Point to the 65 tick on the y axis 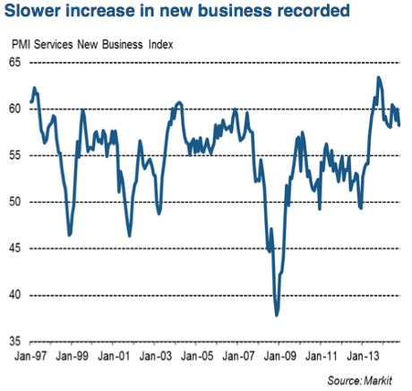coord(16,62)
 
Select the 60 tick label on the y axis coord(16,109)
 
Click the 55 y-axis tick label coord(16,155)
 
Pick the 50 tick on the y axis coord(16,202)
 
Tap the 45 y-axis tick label coord(16,248)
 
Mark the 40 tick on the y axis coord(16,294)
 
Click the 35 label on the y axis coord(16,341)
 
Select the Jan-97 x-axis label coord(31,356)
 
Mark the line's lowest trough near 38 coord(277,315)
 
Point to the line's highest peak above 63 coord(379,78)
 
